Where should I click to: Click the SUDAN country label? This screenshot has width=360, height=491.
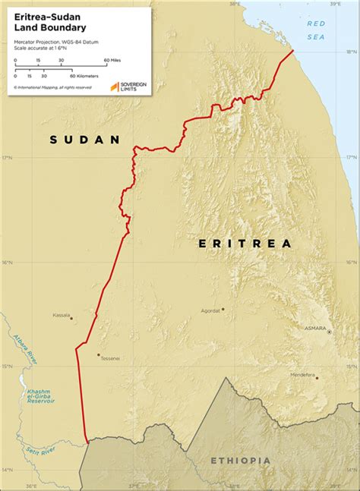pyautogui.click(x=85, y=140)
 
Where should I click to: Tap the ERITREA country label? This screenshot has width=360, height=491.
pyautogui.click(x=245, y=244)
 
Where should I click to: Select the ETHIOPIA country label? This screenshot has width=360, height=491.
pyautogui.click(x=240, y=461)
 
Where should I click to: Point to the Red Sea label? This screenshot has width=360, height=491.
pyautogui.click(x=315, y=30)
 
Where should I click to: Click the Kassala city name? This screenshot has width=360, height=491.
pyautogui.click(x=61, y=314)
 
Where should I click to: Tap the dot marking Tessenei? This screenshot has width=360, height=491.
pyautogui.click(x=98, y=354)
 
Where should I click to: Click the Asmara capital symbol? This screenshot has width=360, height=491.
pyautogui.click(x=329, y=332)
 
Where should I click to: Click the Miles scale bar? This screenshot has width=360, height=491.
pyautogui.click(x=61, y=65)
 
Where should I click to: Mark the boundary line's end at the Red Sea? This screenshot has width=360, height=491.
pyautogui.click(x=293, y=51)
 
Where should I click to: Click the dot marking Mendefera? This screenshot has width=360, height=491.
pyautogui.click(x=317, y=378)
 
